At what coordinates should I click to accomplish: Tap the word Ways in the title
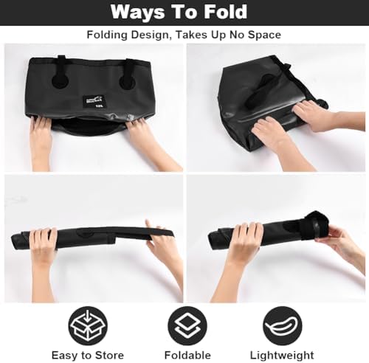pos(137,13)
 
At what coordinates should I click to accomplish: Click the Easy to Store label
pos(88,356)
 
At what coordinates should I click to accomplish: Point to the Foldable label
pos(187,356)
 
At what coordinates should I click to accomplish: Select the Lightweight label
pos(282,356)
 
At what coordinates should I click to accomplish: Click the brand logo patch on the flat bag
pos(94,100)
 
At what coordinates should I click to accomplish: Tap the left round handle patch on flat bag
pos(61,83)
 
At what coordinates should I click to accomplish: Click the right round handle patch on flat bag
pos(127,83)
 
